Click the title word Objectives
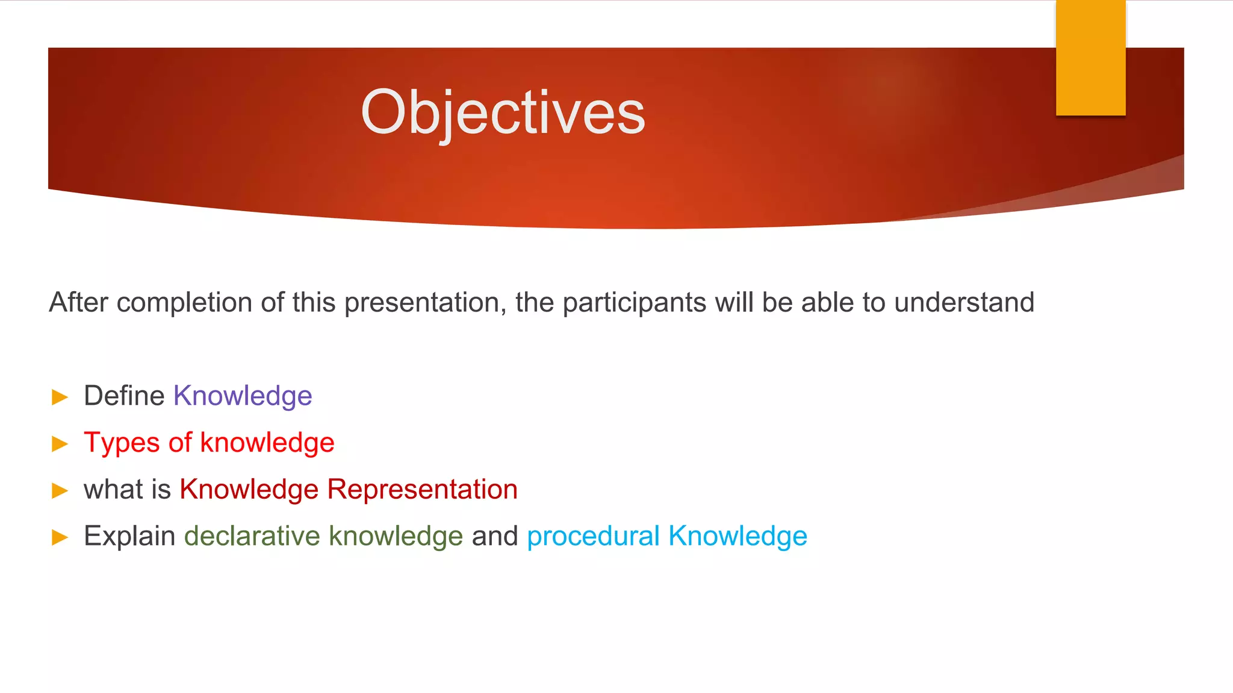coord(503,112)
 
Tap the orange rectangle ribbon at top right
coord(1090,58)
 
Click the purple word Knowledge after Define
coord(243,396)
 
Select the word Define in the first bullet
coord(124,396)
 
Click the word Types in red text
coord(122,443)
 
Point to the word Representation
coord(422,490)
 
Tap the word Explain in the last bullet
coord(129,537)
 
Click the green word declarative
coord(252,537)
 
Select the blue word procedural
coord(593,537)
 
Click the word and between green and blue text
coord(494,537)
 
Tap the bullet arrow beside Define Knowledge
coord(60,397)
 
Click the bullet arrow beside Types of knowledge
coord(60,444)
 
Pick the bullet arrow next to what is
coord(60,491)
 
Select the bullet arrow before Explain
coord(60,537)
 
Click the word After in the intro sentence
coord(78,303)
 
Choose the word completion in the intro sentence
coord(184,303)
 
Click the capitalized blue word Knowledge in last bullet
coord(738,537)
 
